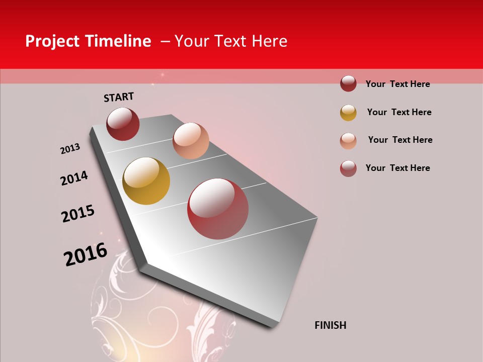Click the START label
coord(119,97)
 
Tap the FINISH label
coord(330,325)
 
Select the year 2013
coord(70,149)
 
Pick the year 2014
coord(74,178)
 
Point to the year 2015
coord(78,214)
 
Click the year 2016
coord(86,254)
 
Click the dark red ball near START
coord(123,124)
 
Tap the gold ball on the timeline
coord(146,181)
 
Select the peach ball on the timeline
coord(191,141)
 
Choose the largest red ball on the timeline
coord(218,209)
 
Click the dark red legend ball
coord(348,83)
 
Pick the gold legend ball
coord(348,113)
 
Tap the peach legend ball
coord(348,141)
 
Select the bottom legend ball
coord(348,168)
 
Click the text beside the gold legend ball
coord(399,112)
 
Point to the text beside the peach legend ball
coord(400,140)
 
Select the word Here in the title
coord(269,41)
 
